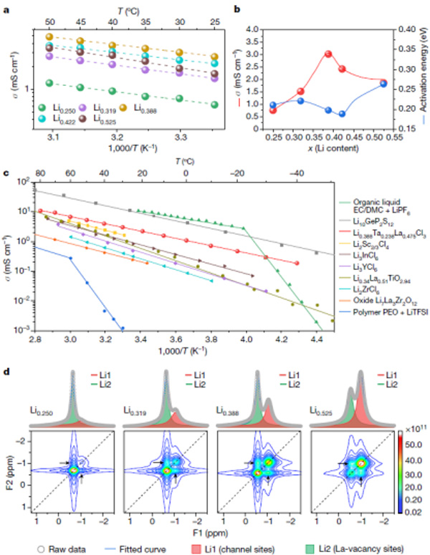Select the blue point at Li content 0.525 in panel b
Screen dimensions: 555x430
click(x=383, y=84)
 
